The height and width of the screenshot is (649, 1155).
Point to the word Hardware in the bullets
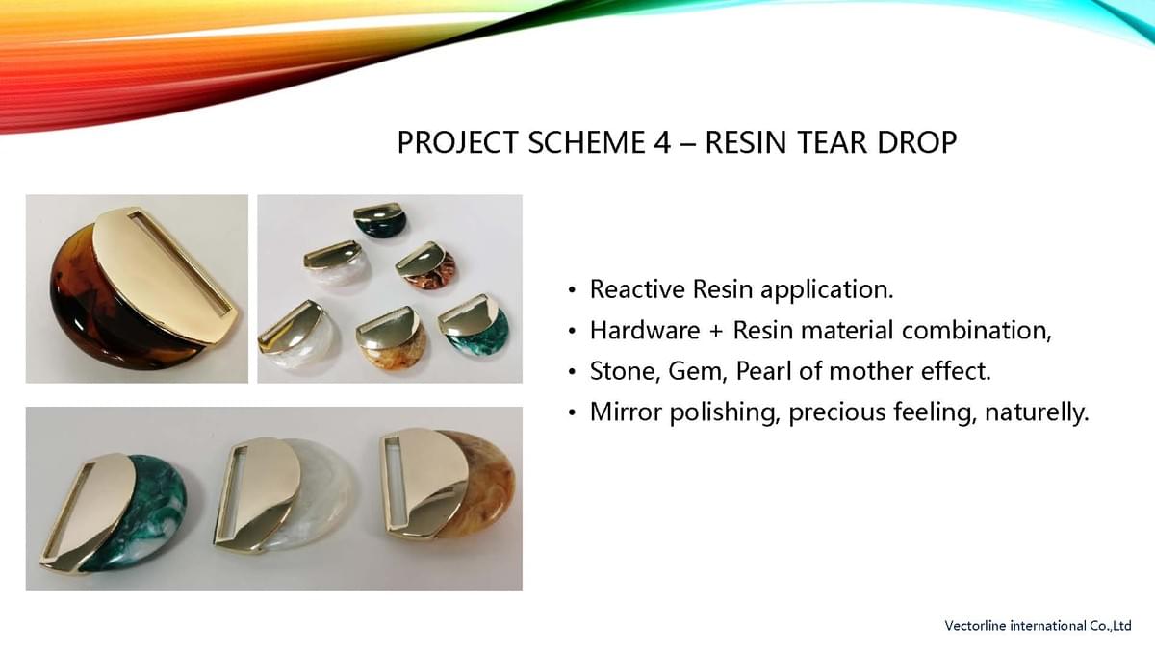645,330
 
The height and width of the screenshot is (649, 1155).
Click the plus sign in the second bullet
716,331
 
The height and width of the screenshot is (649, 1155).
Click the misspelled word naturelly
1037,412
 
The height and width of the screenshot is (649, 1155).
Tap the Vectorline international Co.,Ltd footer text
1038,626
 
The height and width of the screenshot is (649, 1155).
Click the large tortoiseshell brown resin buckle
142,288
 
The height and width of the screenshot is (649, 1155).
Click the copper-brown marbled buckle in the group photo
426,268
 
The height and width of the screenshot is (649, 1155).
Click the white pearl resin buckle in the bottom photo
285,493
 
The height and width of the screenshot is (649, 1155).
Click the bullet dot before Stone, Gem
572,372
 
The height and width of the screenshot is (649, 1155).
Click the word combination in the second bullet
977,330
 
